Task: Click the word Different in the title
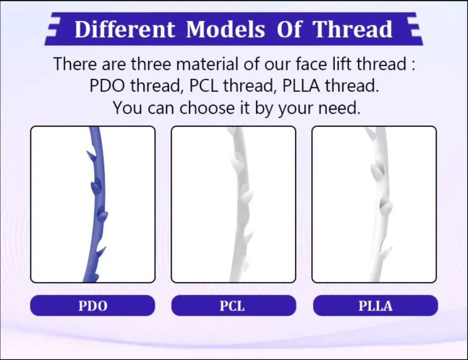[125, 29]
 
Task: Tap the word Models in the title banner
[225, 29]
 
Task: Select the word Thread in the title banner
[352, 29]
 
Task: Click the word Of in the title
[289, 29]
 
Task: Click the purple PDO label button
[92, 305]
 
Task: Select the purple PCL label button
[234, 305]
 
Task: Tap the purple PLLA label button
[375, 305]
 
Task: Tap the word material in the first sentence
[208, 64]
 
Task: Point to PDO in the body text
[107, 86]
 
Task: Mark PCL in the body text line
[203, 86]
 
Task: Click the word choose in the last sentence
[207, 107]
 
